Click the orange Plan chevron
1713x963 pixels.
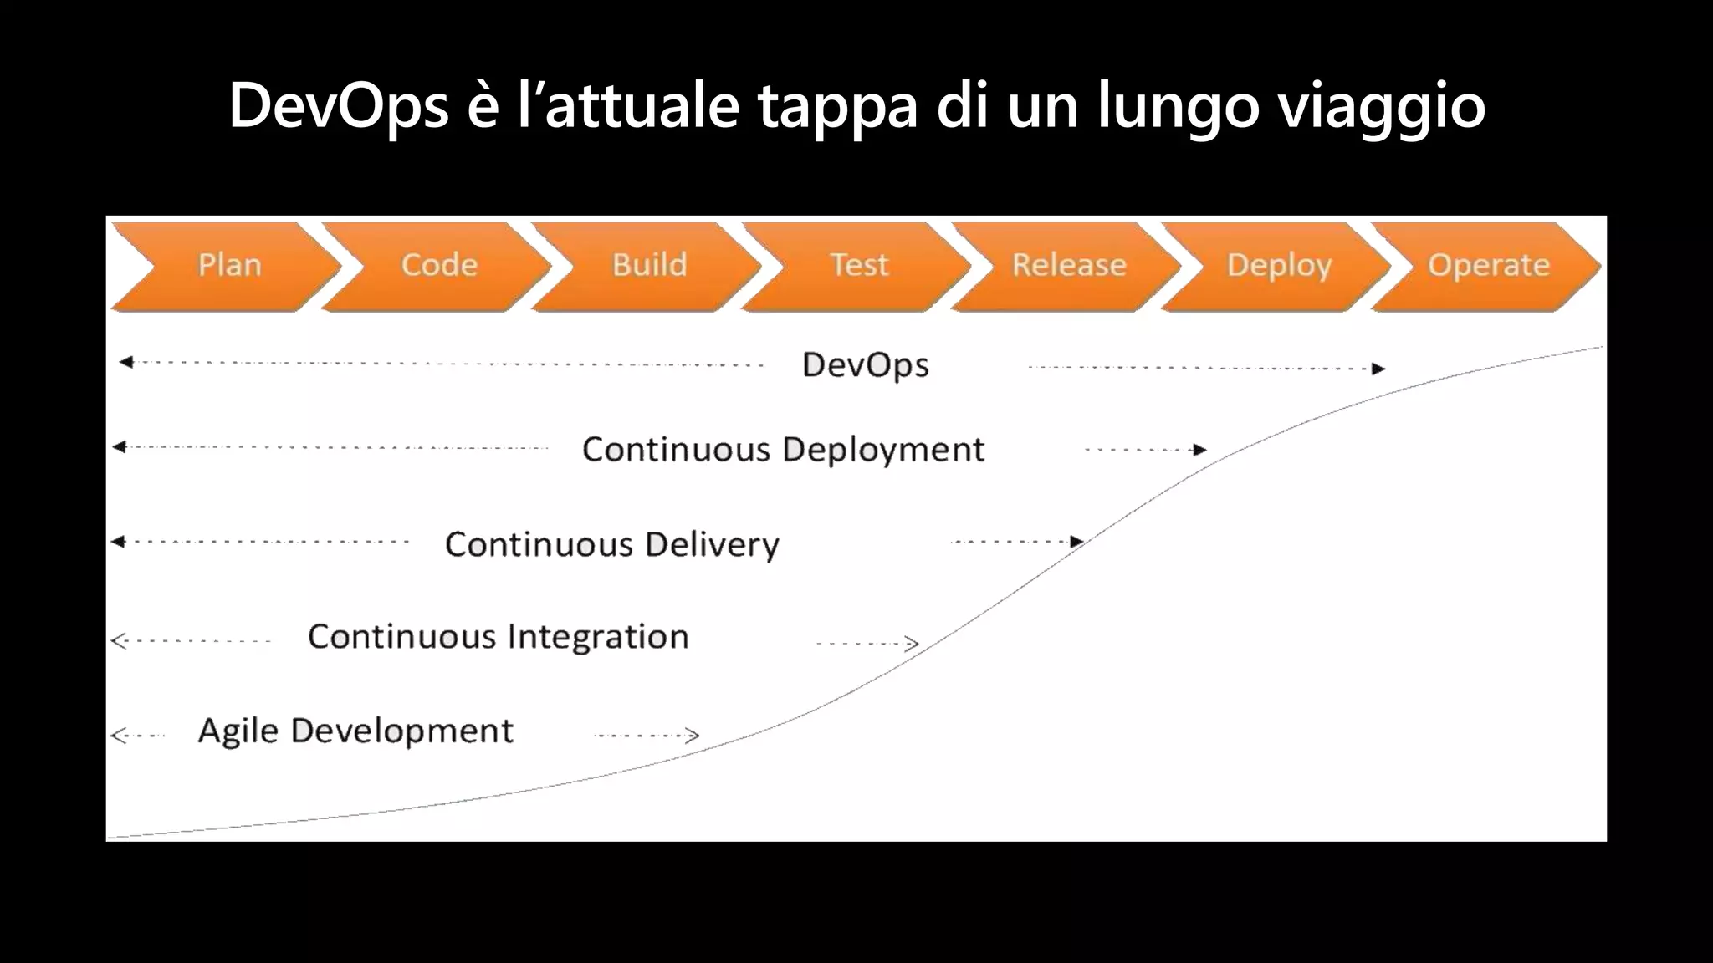click(x=228, y=266)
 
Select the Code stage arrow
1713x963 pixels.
click(x=439, y=266)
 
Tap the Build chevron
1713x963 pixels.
click(x=649, y=266)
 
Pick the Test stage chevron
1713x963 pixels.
click(x=859, y=266)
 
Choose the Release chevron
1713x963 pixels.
click(x=1069, y=266)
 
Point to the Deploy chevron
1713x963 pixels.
click(x=1279, y=266)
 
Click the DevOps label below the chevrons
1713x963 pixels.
click(x=866, y=365)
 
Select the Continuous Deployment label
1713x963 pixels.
click(x=784, y=450)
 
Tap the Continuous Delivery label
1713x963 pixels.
click(x=612, y=544)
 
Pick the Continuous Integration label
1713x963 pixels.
click(x=499, y=637)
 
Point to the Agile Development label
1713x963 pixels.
click(x=355, y=731)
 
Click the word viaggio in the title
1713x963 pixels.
click(x=1382, y=106)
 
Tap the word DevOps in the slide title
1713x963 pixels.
click(x=339, y=106)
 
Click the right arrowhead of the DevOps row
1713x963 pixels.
click(x=1378, y=369)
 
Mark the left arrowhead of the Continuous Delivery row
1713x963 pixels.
click(x=118, y=542)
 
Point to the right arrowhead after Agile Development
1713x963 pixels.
click(x=693, y=736)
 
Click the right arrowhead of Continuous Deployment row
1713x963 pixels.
click(x=1200, y=450)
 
